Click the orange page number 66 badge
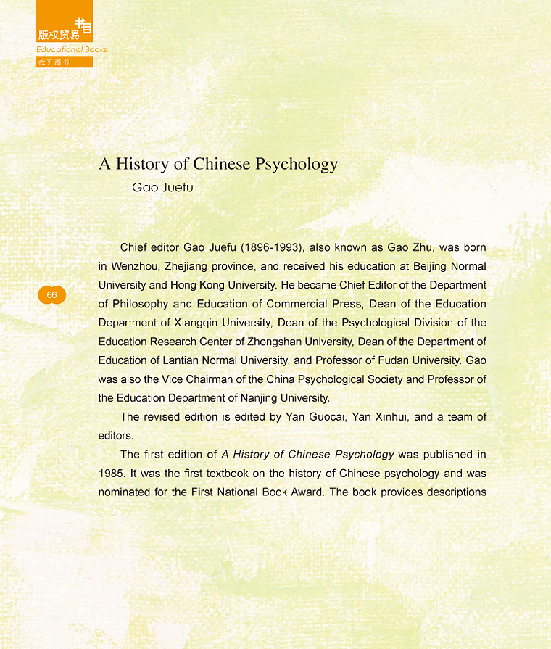(51, 295)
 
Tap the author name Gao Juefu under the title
(162, 188)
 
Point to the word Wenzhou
(136, 266)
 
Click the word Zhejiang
(193, 266)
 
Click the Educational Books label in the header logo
(72, 49)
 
